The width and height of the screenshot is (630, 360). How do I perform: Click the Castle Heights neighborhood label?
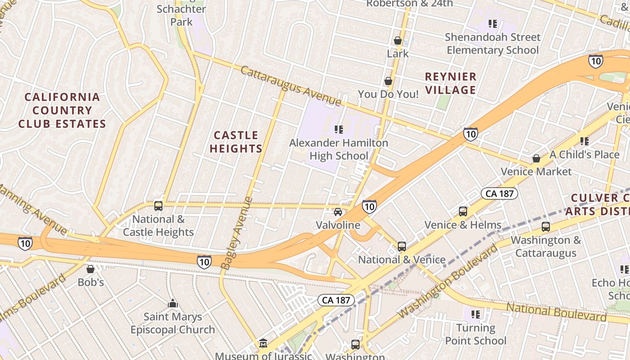pos(236,142)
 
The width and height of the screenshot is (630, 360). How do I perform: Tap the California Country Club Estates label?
pos(62,110)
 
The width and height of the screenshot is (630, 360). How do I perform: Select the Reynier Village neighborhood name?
pos(450,83)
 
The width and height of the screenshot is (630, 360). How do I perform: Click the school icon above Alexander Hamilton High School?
pos(339,130)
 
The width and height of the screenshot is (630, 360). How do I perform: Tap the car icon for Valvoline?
pos(337,212)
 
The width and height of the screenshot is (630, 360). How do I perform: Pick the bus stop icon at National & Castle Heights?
pos(158,206)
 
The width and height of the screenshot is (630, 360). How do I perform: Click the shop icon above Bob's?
pos(90,269)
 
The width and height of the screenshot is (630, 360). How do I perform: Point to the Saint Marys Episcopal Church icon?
pos(172,304)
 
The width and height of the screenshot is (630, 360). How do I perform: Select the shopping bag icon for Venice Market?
pos(536,158)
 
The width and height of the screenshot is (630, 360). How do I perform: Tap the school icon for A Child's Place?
pos(585,141)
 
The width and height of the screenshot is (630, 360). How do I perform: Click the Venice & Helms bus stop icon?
pos(463,211)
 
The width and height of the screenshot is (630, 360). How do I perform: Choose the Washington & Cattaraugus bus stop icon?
pos(546,226)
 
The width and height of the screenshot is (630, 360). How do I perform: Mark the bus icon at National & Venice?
pos(401,247)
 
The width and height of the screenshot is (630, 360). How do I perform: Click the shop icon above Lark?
pos(398,40)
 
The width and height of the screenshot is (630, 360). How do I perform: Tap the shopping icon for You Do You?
pos(388,81)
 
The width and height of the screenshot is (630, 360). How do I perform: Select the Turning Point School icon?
pos(476,314)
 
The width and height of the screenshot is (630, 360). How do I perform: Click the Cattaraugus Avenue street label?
pos(290,86)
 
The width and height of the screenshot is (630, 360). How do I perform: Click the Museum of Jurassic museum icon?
pos(263,344)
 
